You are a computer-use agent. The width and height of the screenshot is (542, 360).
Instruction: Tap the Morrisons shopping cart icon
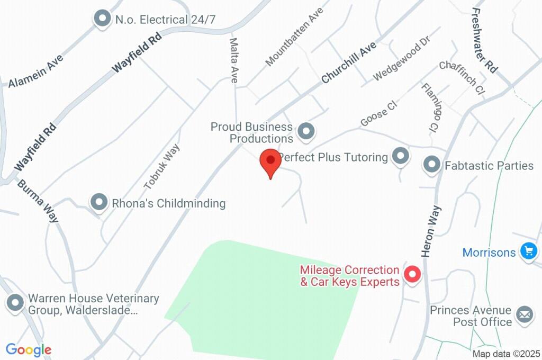point(528,251)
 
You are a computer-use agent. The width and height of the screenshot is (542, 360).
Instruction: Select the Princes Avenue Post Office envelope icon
point(525,314)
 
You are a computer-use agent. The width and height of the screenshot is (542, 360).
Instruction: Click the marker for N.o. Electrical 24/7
point(102,19)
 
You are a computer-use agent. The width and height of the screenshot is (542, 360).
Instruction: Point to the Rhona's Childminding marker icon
point(99,202)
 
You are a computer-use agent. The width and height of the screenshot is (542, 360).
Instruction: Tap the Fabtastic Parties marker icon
point(432,165)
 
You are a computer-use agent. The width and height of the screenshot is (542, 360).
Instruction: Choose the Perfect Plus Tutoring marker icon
point(401,156)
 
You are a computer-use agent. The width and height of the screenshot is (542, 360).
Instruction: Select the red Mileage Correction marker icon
point(412,275)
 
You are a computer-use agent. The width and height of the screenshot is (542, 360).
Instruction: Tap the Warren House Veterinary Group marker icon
point(15,303)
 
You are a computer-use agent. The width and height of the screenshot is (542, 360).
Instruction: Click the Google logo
point(29,349)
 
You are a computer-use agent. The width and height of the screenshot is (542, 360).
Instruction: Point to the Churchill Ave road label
point(348,62)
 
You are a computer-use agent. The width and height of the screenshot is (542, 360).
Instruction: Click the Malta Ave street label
point(233,60)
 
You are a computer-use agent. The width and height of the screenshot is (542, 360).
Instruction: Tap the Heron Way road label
point(432,231)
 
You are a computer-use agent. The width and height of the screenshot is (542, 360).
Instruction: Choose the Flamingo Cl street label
point(430,107)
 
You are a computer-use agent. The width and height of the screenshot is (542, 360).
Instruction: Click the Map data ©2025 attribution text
point(506,354)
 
